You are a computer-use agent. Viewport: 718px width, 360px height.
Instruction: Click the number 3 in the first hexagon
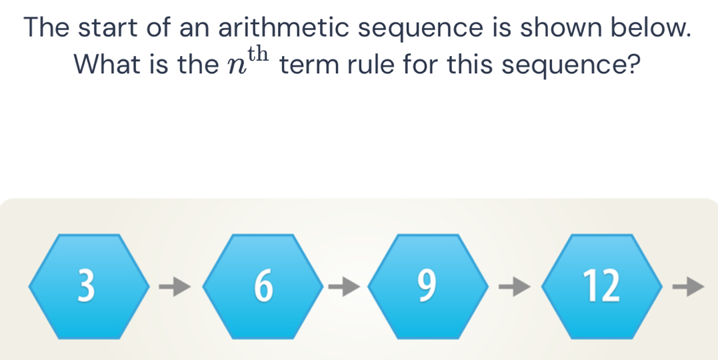tap(86, 286)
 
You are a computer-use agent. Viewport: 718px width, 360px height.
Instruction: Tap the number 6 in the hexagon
tap(263, 286)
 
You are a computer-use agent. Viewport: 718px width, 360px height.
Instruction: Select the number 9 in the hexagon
tap(426, 286)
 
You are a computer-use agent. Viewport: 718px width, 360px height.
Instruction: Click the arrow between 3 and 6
tap(175, 287)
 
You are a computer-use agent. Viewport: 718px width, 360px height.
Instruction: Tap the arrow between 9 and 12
tap(515, 287)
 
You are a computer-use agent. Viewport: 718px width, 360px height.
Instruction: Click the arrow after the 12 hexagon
tap(688, 287)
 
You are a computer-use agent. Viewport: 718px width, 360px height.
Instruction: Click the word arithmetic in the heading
tap(285, 28)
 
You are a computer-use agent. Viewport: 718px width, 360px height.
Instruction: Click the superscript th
tap(257, 55)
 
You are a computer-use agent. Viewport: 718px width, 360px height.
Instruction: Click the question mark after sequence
tap(633, 65)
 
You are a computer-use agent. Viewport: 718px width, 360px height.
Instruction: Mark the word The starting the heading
tap(47, 28)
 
